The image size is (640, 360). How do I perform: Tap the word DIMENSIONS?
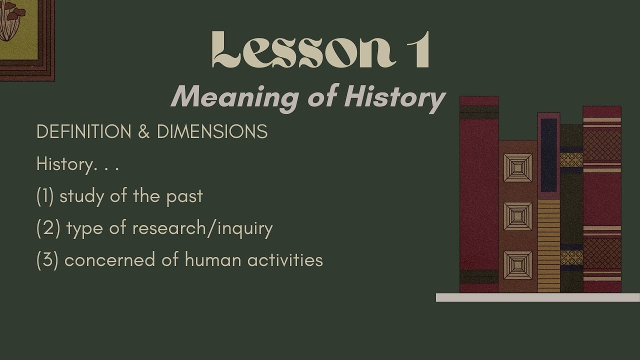pos(212,132)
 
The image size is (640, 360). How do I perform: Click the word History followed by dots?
pos(64,164)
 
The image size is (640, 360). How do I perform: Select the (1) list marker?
pos(45,196)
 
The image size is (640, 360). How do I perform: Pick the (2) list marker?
pos(48,228)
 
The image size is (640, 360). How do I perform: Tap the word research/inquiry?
pos(202,228)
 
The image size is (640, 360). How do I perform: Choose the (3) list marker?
pos(47,260)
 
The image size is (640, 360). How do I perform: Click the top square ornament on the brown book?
pos(517,168)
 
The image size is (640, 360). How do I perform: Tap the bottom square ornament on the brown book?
pos(517,265)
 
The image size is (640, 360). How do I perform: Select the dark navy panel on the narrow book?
pos(548,155)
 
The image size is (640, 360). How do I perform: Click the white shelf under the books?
pos(537,297)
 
